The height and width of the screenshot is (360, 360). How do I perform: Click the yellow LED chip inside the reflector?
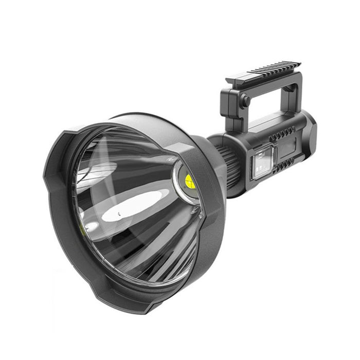point(188,180)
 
